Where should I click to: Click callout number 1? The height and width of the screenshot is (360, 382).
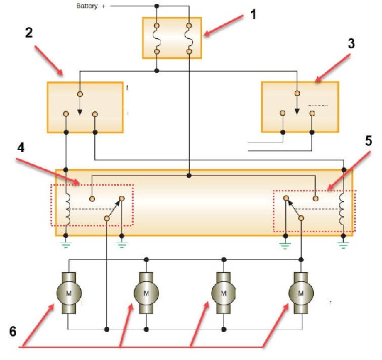(x=253, y=14)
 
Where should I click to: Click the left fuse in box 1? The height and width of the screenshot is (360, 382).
(x=157, y=38)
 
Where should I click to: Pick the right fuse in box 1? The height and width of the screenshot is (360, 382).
(x=188, y=38)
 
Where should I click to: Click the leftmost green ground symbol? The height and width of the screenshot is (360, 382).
(x=66, y=242)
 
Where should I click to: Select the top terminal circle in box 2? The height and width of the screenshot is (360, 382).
(x=79, y=95)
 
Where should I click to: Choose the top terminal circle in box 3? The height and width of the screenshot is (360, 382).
(x=297, y=93)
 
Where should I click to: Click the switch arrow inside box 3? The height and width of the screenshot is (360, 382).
(x=297, y=109)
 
